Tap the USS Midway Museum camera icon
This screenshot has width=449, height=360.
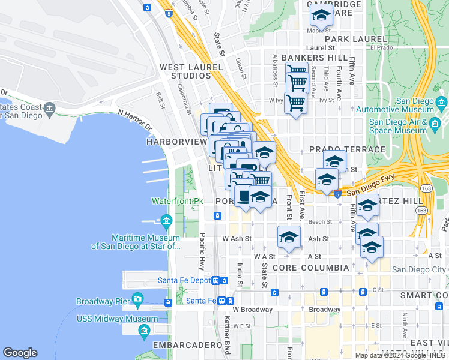(144, 330)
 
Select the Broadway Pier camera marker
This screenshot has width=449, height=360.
(138, 299)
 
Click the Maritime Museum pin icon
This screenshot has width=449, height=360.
(166, 220)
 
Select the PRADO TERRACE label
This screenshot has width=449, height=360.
(347, 149)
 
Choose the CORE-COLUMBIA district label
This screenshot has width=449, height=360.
(310, 267)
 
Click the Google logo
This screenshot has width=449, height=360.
(20, 353)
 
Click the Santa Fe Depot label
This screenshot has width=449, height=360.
(184, 280)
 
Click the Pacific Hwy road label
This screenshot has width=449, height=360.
(202, 250)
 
